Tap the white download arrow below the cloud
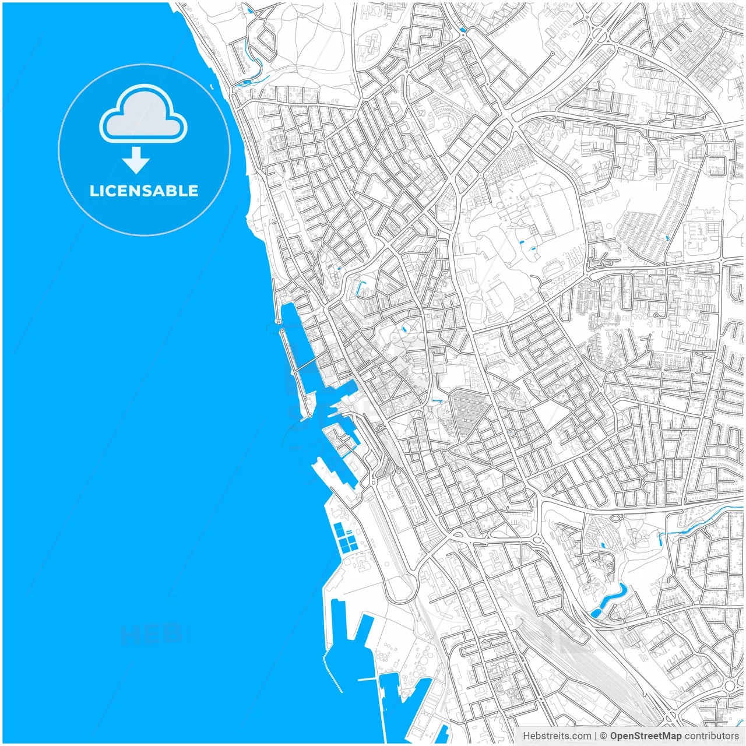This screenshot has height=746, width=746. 136,160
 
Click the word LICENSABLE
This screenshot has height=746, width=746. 144,191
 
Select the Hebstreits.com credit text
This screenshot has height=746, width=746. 557,736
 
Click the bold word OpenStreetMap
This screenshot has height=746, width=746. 645,736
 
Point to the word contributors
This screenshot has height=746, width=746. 712,736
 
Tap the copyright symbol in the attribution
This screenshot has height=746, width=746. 604,736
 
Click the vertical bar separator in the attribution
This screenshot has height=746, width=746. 596,736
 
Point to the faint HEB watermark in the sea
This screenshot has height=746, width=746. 152,634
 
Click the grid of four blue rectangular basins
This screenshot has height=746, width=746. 345,537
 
